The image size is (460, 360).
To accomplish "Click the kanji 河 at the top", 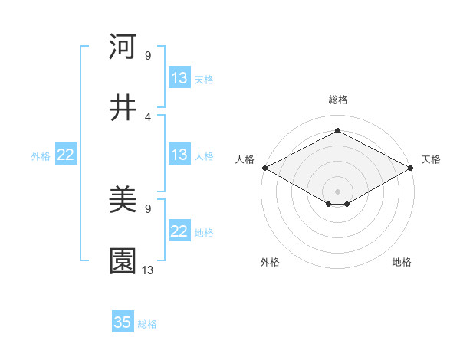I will [x=123, y=47].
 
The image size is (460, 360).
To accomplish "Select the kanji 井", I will [x=123, y=108].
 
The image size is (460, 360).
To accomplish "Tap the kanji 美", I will [x=123, y=201].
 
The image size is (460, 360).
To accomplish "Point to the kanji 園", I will [x=123, y=260].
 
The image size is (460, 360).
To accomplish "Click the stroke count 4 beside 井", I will [x=147, y=116].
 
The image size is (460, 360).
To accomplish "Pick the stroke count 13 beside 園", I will [x=148, y=270].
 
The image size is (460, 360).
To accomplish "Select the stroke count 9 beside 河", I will [x=147, y=56].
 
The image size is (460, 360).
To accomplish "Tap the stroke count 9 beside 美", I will [x=147, y=208].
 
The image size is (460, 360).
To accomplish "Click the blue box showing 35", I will [x=123, y=322].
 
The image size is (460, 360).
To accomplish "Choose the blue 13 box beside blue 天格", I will [x=179, y=78].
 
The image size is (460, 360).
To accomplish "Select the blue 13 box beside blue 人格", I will [x=179, y=155].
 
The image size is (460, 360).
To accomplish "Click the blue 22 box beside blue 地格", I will [x=179, y=231].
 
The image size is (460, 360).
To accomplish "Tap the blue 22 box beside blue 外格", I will [x=65, y=155].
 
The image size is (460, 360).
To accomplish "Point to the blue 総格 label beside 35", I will [x=147, y=324].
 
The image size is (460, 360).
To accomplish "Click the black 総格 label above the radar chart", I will [x=337, y=100].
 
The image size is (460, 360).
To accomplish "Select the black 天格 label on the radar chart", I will [x=431, y=159].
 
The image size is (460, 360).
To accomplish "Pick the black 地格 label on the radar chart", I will [x=402, y=262].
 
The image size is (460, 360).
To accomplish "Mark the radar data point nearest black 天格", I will [x=412, y=168].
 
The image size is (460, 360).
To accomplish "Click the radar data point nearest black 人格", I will [x=264, y=168].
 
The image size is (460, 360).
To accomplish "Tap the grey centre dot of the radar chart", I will [x=337, y=191].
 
